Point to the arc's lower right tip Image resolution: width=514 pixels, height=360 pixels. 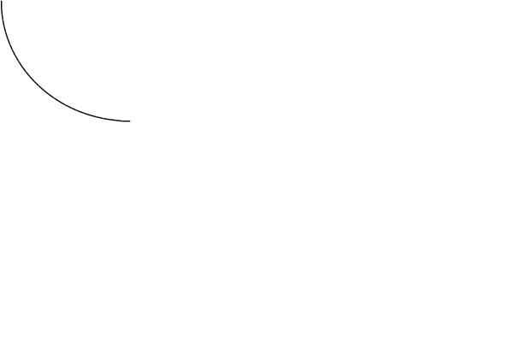(x=129, y=121)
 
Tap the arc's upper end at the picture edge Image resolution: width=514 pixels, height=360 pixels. (x=2, y=2)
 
